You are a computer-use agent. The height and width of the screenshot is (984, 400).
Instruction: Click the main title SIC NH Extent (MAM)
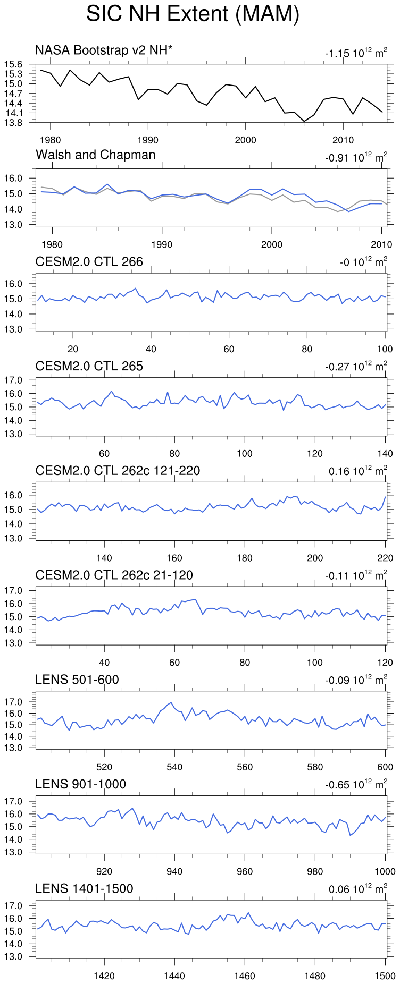(193, 14)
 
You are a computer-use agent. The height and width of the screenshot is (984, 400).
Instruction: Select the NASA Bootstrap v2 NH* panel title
(104, 50)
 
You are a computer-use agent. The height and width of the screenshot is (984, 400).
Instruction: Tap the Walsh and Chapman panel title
(96, 155)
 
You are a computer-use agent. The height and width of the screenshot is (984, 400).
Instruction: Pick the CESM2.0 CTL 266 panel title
(89, 261)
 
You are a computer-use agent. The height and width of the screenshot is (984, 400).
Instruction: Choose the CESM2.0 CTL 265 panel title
(89, 366)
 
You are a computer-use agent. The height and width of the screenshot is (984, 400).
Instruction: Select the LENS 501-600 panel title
(77, 680)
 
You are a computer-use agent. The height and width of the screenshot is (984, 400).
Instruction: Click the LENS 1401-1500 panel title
(84, 888)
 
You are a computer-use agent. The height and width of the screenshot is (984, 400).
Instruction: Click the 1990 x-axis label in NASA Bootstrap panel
(147, 140)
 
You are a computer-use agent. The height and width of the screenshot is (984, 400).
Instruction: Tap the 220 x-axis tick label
(385, 558)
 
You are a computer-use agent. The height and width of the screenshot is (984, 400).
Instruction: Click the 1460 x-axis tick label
(245, 976)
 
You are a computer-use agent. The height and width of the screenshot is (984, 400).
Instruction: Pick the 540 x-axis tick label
(174, 767)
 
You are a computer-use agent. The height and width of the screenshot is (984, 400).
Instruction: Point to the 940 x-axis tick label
(174, 871)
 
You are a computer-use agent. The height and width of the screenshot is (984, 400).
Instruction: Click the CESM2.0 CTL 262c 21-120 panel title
(114, 575)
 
